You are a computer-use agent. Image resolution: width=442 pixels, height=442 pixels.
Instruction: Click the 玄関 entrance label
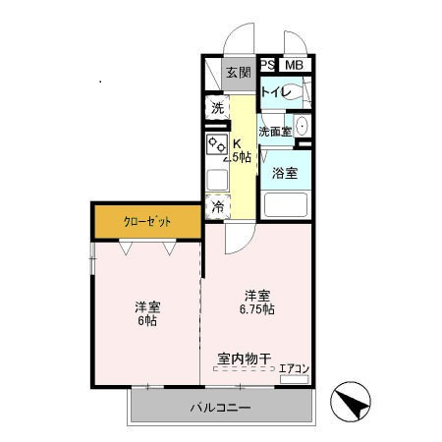point(239,73)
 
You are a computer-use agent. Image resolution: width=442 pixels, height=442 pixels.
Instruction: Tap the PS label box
point(268,65)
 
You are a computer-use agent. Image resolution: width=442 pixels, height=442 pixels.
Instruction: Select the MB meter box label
point(294,65)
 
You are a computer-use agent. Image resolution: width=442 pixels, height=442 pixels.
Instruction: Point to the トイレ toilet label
point(274,93)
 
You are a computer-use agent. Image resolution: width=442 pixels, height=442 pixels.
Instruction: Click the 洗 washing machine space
point(217,108)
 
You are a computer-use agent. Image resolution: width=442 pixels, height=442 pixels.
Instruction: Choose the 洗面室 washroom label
point(274,132)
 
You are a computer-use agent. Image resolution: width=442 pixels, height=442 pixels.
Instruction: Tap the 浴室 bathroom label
point(286,174)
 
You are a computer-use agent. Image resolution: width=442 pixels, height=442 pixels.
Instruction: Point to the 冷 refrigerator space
point(217,207)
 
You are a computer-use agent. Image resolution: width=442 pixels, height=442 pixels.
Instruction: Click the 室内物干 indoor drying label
point(244,359)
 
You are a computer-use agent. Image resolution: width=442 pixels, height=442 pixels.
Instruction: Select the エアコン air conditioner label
point(295,369)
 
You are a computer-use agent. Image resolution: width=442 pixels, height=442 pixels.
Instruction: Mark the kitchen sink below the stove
point(216,180)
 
